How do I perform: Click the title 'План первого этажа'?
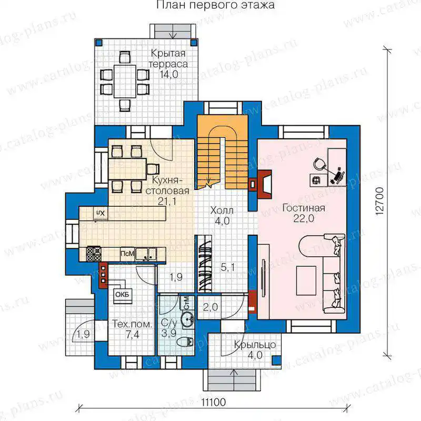(x=216, y=5)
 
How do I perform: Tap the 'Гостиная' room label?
(x=304, y=208)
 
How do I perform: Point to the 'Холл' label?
(x=222, y=210)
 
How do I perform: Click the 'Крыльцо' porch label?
(x=255, y=345)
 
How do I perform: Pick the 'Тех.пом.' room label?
(x=132, y=324)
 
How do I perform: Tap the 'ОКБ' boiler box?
(x=123, y=295)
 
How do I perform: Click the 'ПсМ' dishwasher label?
(x=127, y=254)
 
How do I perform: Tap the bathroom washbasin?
(x=187, y=319)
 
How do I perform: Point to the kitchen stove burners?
(x=94, y=254)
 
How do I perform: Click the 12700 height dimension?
(x=380, y=201)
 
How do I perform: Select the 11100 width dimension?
(x=214, y=403)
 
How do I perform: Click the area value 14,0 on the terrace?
(x=169, y=74)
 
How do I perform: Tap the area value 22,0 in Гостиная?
(x=304, y=218)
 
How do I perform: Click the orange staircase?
(x=222, y=152)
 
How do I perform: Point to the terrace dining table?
(x=125, y=81)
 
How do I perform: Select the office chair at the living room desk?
(x=319, y=163)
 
